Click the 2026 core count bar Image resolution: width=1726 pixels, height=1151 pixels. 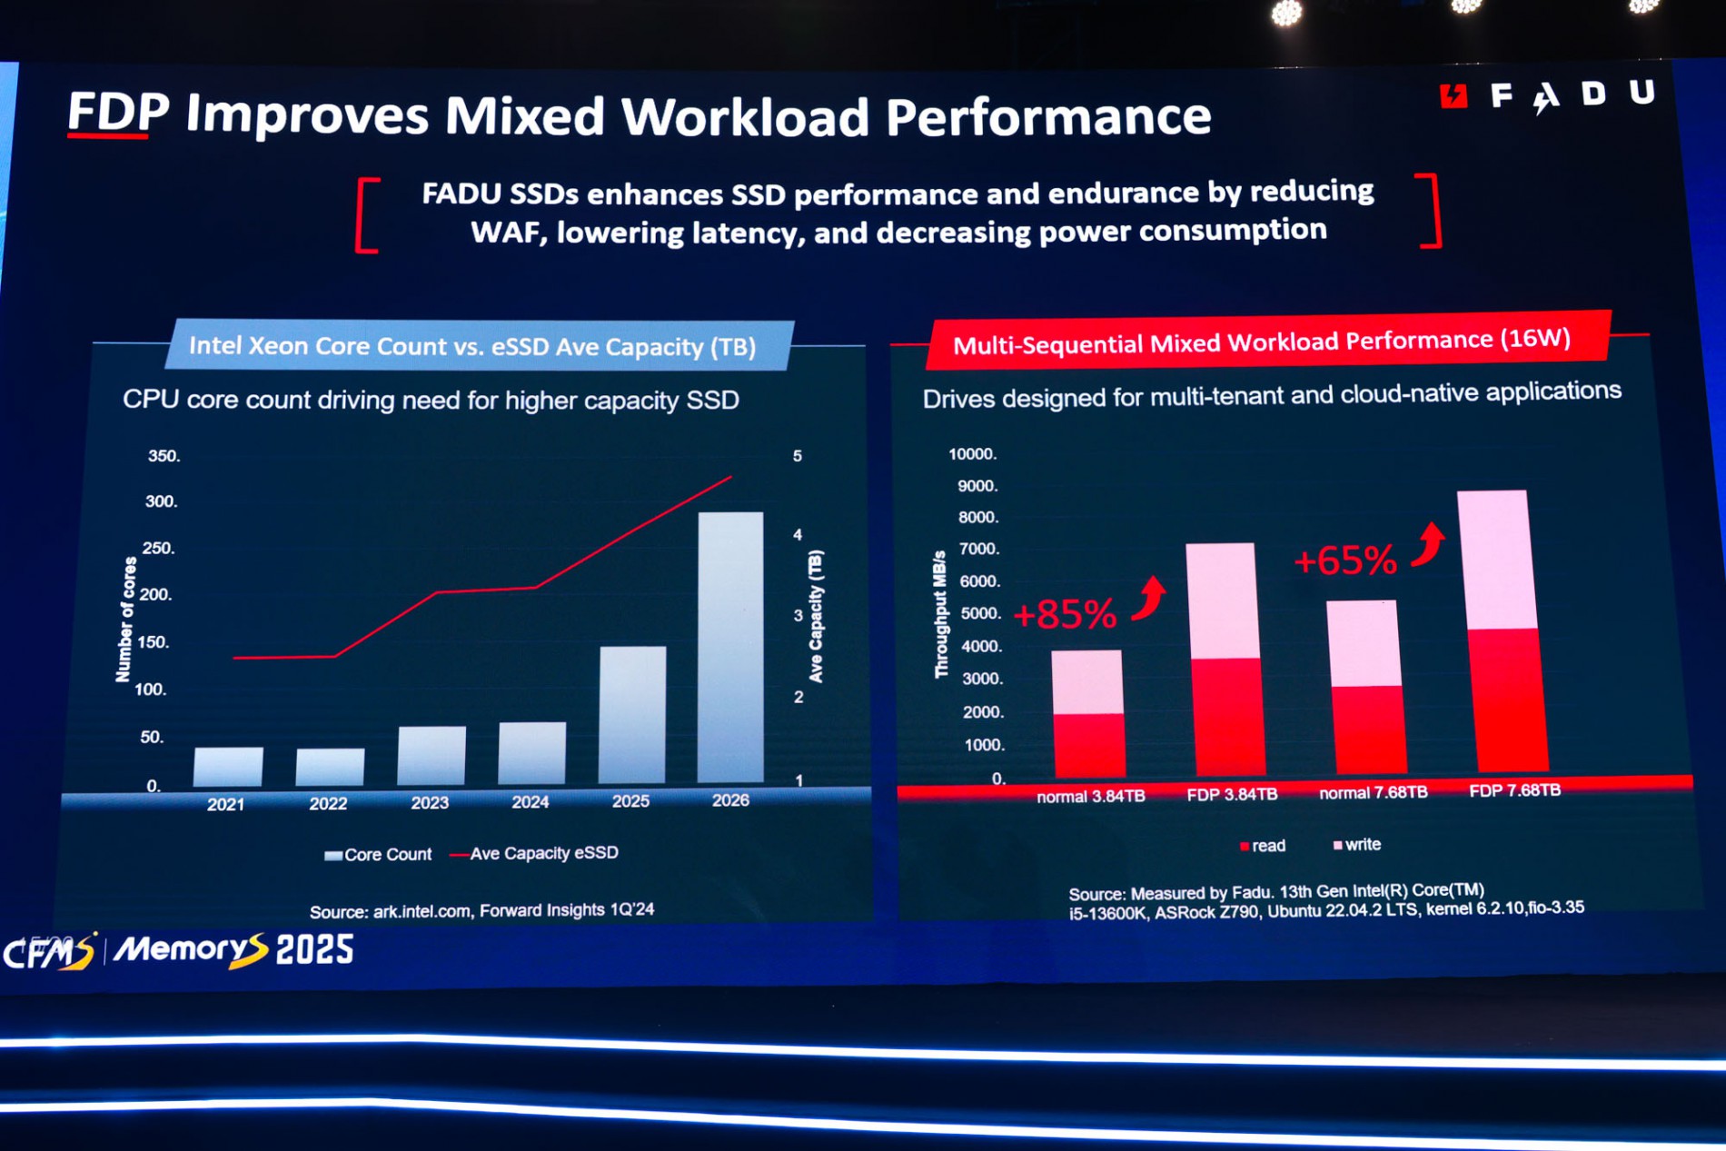tap(730, 647)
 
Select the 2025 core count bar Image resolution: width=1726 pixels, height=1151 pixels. tap(632, 714)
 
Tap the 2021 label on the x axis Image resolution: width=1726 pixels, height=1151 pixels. tap(225, 804)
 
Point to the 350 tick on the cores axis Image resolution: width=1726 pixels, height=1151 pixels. tap(164, 456)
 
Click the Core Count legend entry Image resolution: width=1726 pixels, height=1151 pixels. tap(378, 855)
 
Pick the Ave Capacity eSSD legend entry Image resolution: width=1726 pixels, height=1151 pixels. tap(535, 853)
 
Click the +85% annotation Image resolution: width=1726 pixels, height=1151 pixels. tap(1065, 615)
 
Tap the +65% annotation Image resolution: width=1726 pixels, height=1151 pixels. tap(1345, 561)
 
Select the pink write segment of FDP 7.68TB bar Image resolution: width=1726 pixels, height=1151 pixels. tap(1494, 560)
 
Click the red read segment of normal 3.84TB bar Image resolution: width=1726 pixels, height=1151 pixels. tap(1089, 745)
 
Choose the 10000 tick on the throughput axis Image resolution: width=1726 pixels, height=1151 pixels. tap(972, 453)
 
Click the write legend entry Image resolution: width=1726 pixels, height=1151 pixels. tap(1357, 845)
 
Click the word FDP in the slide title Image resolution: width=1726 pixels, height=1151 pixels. tap(118, 113)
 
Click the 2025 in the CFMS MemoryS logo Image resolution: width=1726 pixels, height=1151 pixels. tap(314, 950)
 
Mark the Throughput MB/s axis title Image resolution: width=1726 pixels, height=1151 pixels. tap(941, 614)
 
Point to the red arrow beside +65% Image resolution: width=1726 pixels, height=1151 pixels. tap(1429, 544)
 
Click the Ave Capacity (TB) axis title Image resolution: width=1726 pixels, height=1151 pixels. tap(816, 616)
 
